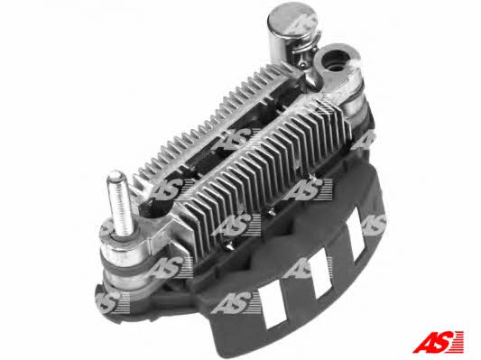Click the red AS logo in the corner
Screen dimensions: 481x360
coord(438,342)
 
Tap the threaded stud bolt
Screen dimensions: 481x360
coord(118,203)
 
